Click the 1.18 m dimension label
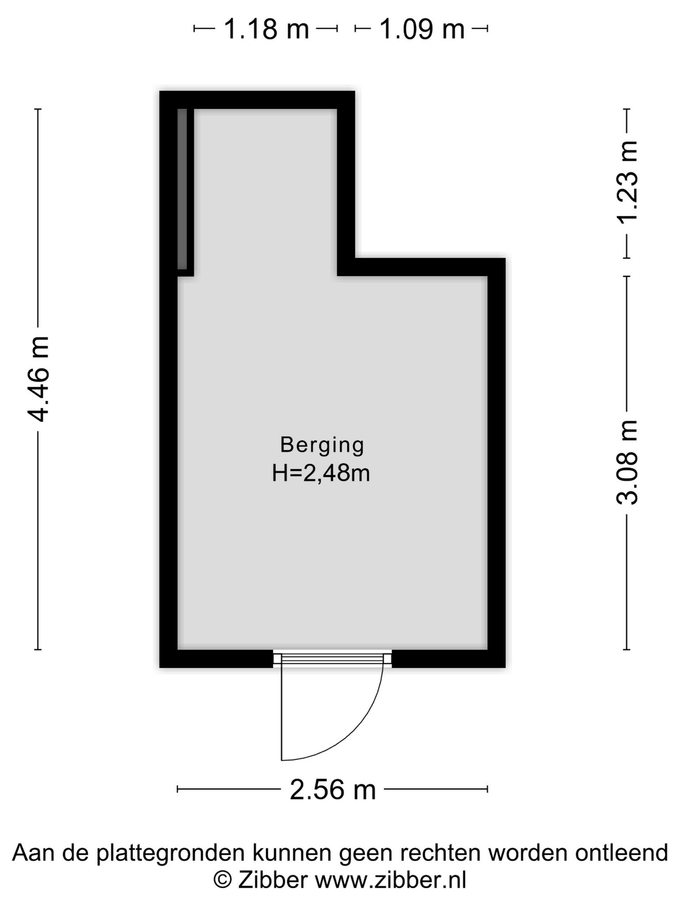coord(266,29)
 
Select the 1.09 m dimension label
coord(422,29)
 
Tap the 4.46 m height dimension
coord(38,379)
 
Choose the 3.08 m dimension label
coord(627,462)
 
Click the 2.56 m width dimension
coord(332,790)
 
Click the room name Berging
coord(322,445)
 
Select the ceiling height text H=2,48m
coord(321,473)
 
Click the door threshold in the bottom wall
coord(332,659)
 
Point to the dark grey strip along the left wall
coord(182,189)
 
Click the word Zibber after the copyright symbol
coord(273,880)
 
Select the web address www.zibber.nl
coord(390,880)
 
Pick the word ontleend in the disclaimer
coord(622,852)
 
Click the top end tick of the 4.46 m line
coord(38,109)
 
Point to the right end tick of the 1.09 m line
coord(488,29)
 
